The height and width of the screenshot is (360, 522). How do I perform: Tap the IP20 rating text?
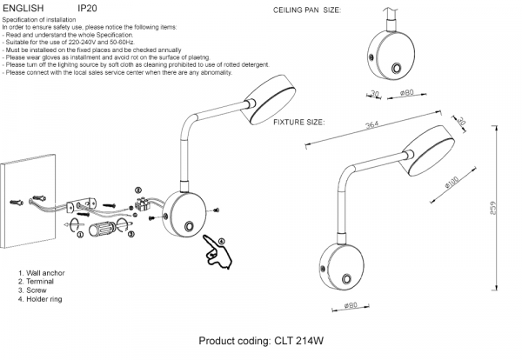click(x=87, y=6)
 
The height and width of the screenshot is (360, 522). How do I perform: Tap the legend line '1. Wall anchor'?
click(x=43, y=273)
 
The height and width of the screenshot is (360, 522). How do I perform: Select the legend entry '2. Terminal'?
click(x=39, y=282)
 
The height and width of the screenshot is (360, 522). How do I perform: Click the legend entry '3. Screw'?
click(x=37, y=290)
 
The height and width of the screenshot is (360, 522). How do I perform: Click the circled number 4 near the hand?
click(x=221, y=241)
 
